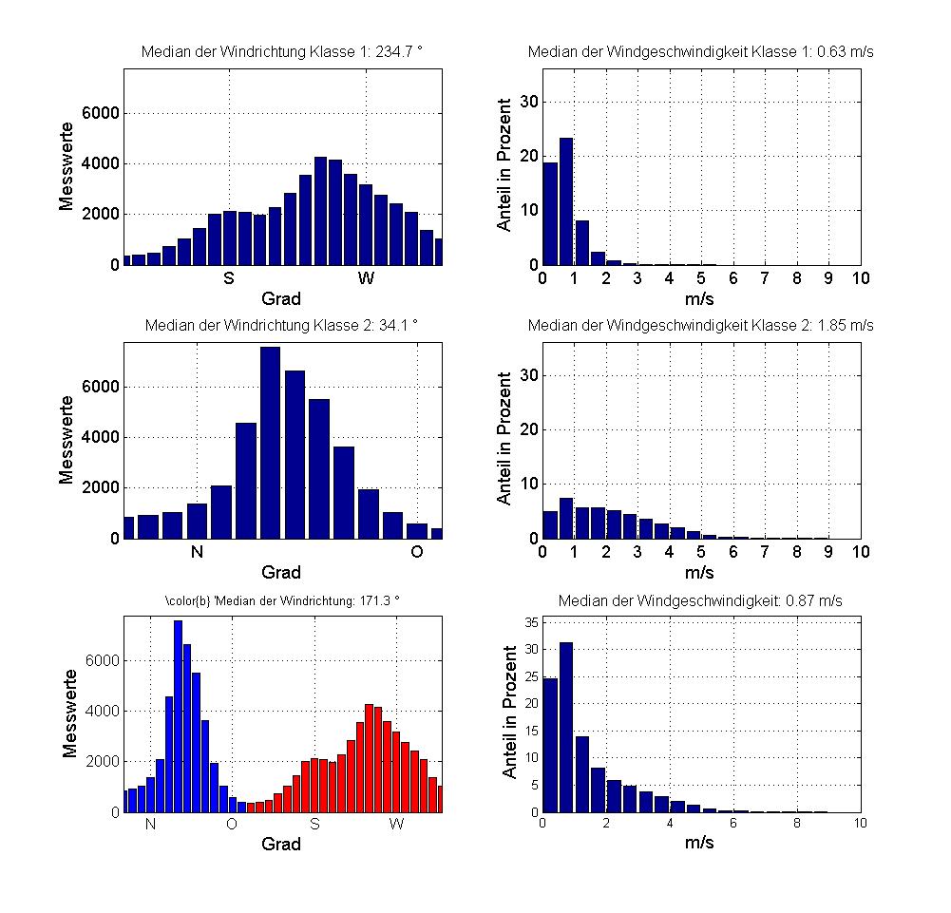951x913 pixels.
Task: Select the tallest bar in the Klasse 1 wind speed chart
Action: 566,201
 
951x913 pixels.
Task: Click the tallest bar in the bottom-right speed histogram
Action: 566,728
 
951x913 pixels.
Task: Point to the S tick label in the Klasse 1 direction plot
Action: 229,278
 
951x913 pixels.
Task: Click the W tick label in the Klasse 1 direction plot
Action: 366,278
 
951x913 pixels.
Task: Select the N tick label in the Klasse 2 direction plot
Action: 198,552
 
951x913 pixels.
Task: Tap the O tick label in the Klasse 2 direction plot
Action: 417,552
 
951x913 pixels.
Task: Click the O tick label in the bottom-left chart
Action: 232,825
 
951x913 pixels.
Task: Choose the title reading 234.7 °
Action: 281,52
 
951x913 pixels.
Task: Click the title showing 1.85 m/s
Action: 700,325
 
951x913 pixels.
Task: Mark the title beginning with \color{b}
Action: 282,600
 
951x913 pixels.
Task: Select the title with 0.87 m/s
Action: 700,600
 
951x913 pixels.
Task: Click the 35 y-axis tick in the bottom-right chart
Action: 532,622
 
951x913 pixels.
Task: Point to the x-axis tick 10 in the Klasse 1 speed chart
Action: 861,278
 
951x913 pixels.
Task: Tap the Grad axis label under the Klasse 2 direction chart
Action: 281,572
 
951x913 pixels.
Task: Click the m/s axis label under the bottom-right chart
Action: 700,844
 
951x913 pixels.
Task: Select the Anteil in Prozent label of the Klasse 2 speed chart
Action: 505,438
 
